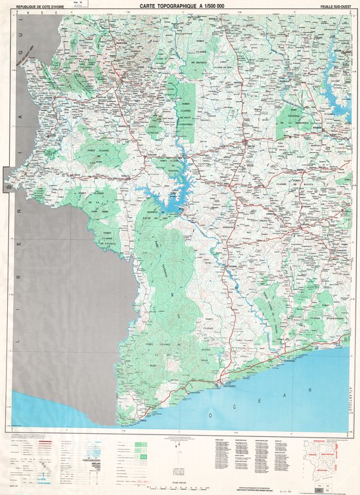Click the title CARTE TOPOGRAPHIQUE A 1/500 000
click(183, 6)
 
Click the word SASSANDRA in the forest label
click(185, 126)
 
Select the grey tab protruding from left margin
click(7, 179)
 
